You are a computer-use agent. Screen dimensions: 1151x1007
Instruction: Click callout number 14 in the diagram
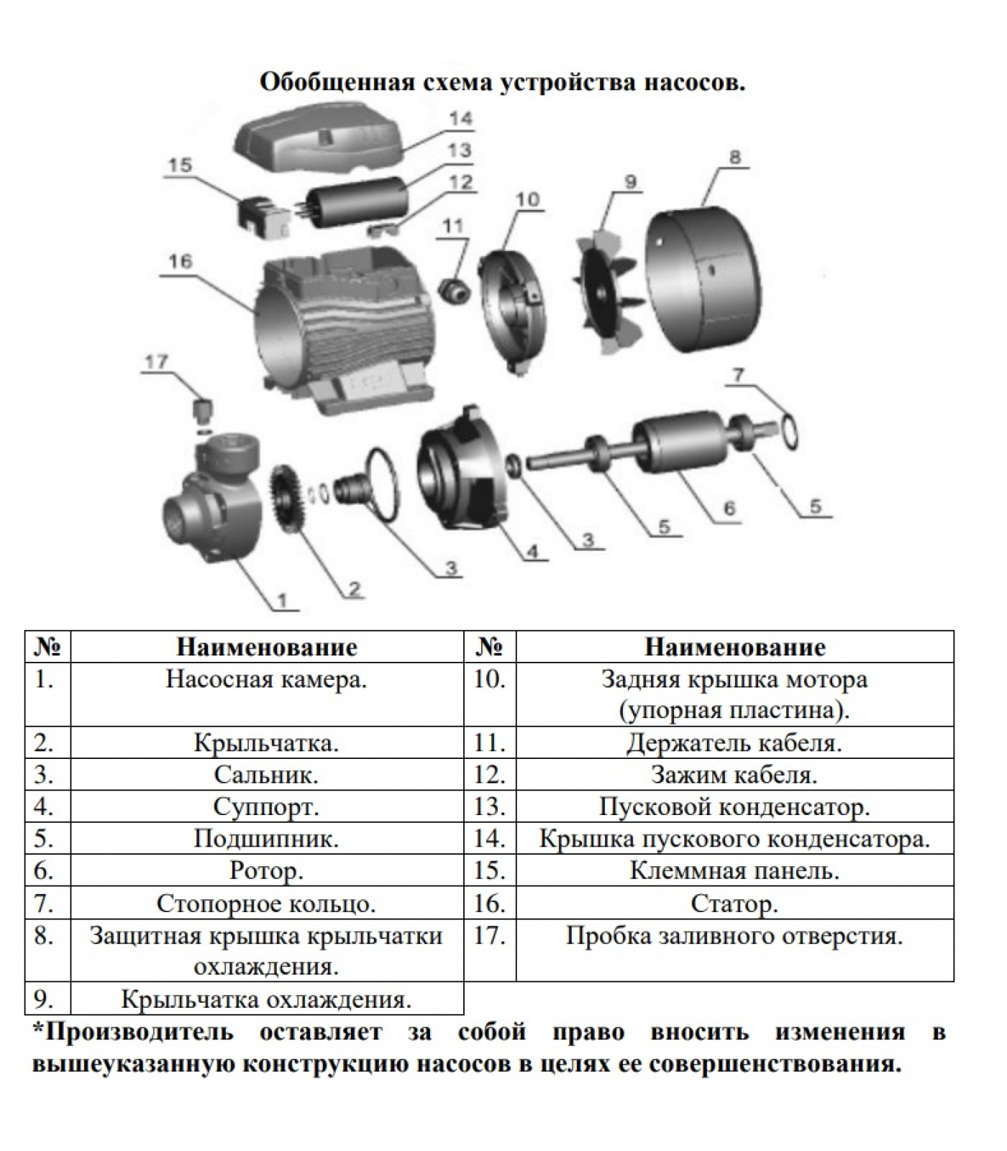(461, 118)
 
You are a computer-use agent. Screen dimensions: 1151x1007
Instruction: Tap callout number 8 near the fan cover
(734, 158)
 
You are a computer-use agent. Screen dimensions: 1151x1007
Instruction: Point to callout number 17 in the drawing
(156, 362)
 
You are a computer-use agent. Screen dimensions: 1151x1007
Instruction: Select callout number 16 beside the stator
(180, 260)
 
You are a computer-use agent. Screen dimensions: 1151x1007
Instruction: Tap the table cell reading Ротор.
(267, 870)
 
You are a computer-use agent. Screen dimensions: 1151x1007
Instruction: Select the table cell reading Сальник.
(267, 775)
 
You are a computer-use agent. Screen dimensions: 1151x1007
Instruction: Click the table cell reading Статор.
(734, 903)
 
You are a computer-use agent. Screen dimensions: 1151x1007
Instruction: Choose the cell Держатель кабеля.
(734, 742)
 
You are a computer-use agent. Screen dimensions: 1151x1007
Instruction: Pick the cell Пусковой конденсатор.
(734, 806)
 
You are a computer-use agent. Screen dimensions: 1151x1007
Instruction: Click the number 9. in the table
(44, 999)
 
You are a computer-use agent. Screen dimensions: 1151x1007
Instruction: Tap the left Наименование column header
(267, 647)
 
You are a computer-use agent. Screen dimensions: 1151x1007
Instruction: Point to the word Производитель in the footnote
(139, 1032)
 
